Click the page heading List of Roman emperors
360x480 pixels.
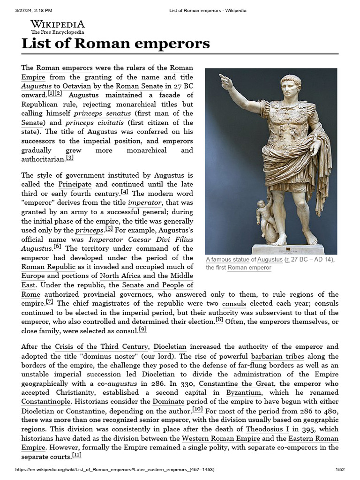[116, 44]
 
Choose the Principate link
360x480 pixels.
[75, 184]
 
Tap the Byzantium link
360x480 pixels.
[244, 393]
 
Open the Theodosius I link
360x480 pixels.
[264, 429]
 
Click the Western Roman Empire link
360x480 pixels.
[221, 438]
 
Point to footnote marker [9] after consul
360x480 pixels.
[143, 329]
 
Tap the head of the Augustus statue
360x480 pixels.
[291, 86]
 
